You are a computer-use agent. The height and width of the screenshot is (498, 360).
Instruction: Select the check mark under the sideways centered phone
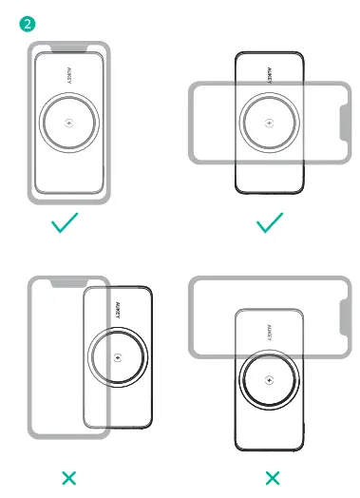click(271, 223)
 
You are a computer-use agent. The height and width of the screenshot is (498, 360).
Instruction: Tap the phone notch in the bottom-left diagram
click(68, 282)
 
